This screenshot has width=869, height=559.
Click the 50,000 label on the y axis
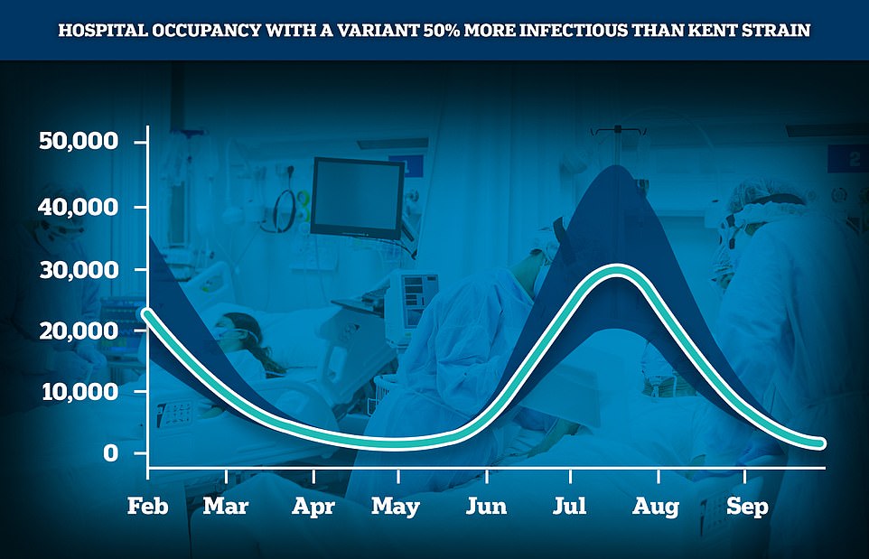[x=79, y=141]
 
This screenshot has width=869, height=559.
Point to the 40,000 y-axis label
[x=79, y=207]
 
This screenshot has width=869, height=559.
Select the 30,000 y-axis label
[x=79, y=270]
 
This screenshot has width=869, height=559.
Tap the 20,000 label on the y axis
[x=79, y=331]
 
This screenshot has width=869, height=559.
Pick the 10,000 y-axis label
[x=79, y=392]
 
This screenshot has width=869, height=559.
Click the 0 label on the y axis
[x=110, y=452]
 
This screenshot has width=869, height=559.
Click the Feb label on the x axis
[x=147, y=505]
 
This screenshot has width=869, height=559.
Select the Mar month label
[x=226, y=505]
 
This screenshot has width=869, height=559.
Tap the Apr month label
[x=313, y=507]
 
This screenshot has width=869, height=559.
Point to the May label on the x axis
[x=395, y=507]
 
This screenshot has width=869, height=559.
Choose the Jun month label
[x=486, y=505]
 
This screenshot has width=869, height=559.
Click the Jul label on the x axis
[x=569, y=505]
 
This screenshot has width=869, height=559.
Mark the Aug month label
[x=656, y=507]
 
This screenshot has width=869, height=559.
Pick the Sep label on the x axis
[x=747, y=507]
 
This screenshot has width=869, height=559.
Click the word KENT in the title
[x=714, y=30]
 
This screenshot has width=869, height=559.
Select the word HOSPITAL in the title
[x=103, y=30]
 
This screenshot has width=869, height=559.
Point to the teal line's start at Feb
[x=146, y=314]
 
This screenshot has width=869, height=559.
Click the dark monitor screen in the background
[x=358, y=197]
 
